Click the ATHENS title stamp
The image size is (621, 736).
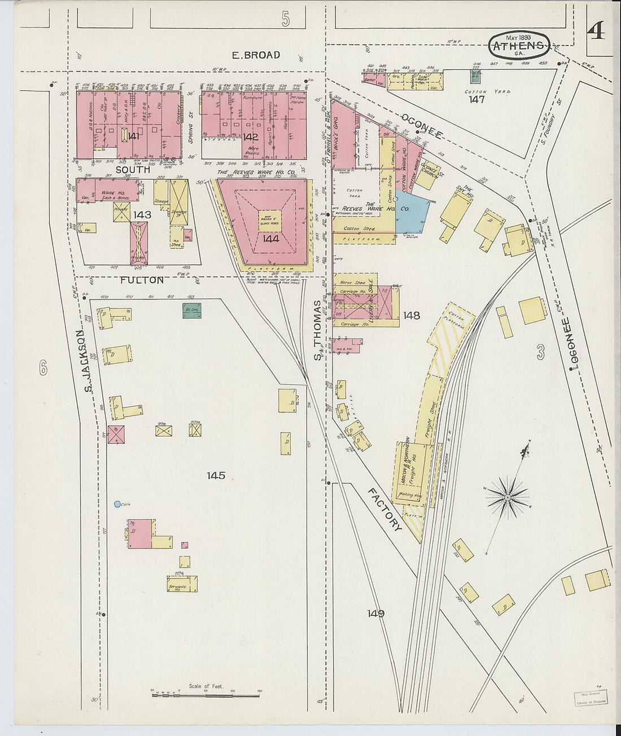[x=518, y=46]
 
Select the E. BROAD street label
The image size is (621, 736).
[x=256, y=55]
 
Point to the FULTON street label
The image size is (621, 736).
[x=142, y=280]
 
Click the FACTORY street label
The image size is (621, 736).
[x=385, y=509]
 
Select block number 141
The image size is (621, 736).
[x=134, y=136]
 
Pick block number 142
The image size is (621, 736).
[x=251, y=136]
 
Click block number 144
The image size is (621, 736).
[x=270, y=239]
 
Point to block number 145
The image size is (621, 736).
[x=216, y=475]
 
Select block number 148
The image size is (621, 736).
[x=412, y=315]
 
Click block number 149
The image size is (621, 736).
[x=375, y=613]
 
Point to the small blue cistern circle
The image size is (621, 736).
[x=117, y=504]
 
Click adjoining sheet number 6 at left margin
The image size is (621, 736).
[x=43, y=369]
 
